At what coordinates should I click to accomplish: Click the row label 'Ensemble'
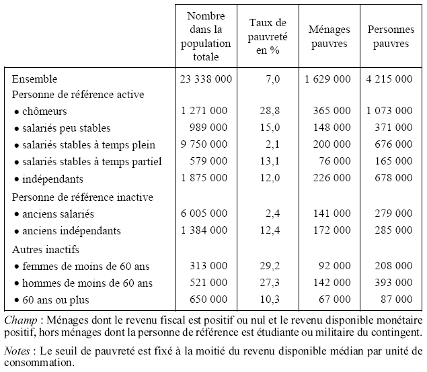pos(35,79)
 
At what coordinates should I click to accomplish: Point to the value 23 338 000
pos(206,79)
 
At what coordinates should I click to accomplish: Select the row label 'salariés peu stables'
pos(65,128)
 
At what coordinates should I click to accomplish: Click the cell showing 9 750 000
pos(206,144)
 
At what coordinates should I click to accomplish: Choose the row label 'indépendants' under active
pos(51,179)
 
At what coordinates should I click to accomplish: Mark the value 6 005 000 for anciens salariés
pos(206,214)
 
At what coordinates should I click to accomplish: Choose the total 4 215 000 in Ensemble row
pos(389,79)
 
